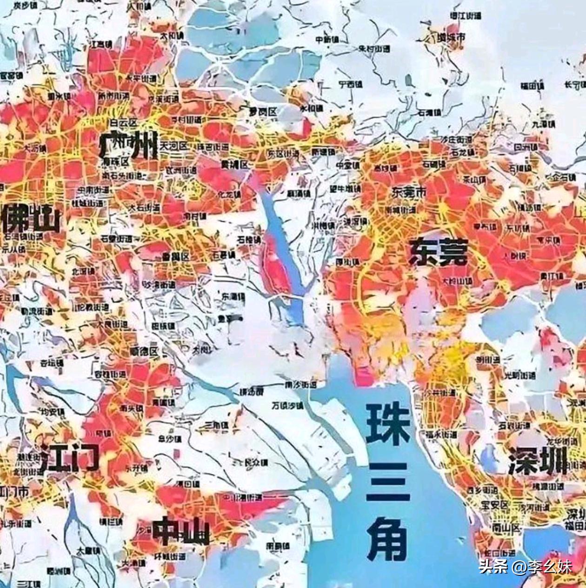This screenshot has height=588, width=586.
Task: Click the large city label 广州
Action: (128, 145)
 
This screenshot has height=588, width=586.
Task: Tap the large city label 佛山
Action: (31, 220)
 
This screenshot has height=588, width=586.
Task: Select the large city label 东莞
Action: (438, 253)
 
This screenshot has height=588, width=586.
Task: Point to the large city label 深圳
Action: (538, 461)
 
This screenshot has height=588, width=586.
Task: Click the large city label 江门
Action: (69, 458)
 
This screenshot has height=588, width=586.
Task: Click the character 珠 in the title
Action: (387, 425)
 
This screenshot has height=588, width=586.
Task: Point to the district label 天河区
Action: (173, 146)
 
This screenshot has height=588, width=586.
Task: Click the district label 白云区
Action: (123, 123)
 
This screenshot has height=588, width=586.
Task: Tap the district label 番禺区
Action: (175, 257)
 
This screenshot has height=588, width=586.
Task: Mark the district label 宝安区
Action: (495, 504)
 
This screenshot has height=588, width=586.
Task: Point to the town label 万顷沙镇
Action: (287, 406)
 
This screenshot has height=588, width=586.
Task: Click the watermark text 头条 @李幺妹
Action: (525, 567)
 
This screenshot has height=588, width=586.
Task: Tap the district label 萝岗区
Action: (263, 112)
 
